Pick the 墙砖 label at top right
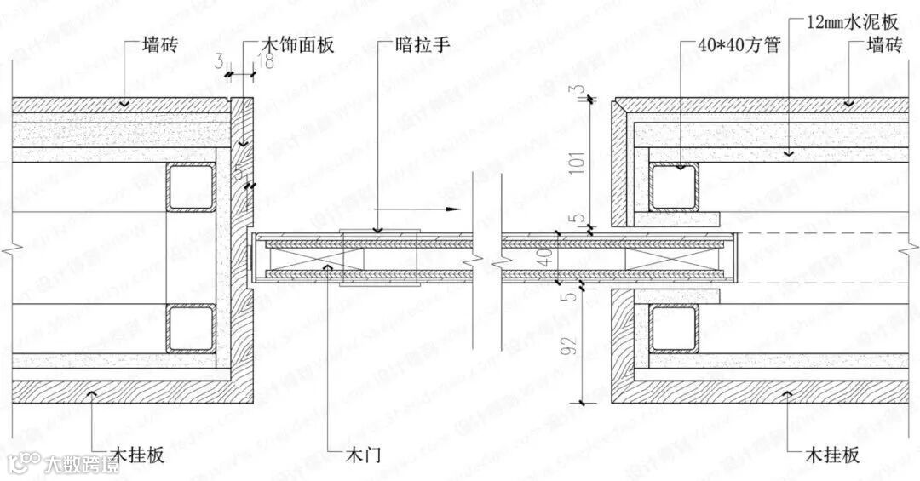pyautogui.click(x=883, y=44)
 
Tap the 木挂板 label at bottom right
pyautogui.click(x=832, y=454)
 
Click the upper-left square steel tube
pyautogui.click(x=188, y=186)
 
